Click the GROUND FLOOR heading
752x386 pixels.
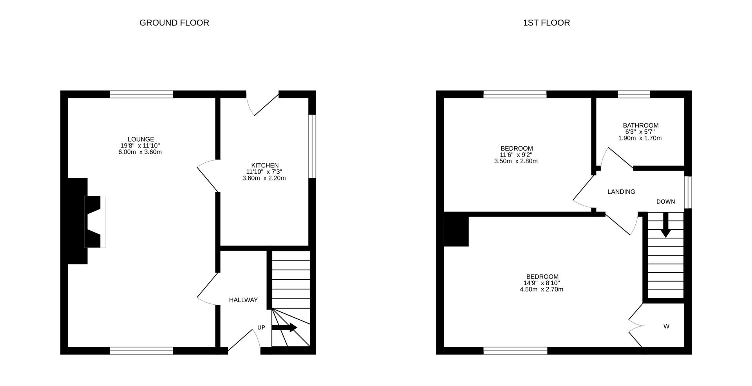coord(174,23)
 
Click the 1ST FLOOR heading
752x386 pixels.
coord(546,23)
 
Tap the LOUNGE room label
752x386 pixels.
coord(141,139)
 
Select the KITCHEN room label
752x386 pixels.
coord(265,166)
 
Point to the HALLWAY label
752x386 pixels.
coord(243,300)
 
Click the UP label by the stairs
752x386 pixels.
coord(261,328)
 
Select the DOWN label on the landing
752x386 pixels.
coord(666,202)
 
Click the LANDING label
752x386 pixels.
coord(621,192)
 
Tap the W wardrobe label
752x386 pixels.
coord(666,326)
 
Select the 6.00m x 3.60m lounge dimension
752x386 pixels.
coord(140,152)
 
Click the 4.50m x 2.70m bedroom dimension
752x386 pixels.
coord(542,289)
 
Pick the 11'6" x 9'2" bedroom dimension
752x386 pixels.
coord(517,155)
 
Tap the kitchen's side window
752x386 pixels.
coord(312,146)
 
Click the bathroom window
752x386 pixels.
coord(634,94)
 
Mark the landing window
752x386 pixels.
coord(688,192)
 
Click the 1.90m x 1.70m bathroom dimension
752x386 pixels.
coord(640,138)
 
